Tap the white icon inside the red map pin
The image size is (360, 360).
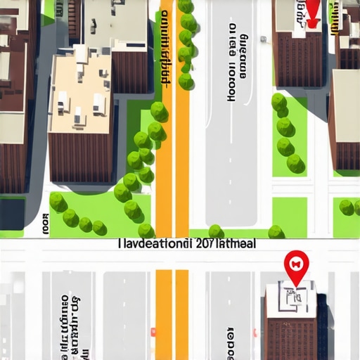(x=295, y=264)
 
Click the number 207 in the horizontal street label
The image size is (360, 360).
(x=209, y=245)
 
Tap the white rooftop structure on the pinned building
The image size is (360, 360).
(x=295, y=298)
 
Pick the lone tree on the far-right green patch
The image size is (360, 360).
(x=346, y=207)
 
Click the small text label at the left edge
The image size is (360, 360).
(x=46, y=224)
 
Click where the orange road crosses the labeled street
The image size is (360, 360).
(x=172, y=245)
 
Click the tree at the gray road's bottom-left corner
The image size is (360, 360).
(x=216, y=231)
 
